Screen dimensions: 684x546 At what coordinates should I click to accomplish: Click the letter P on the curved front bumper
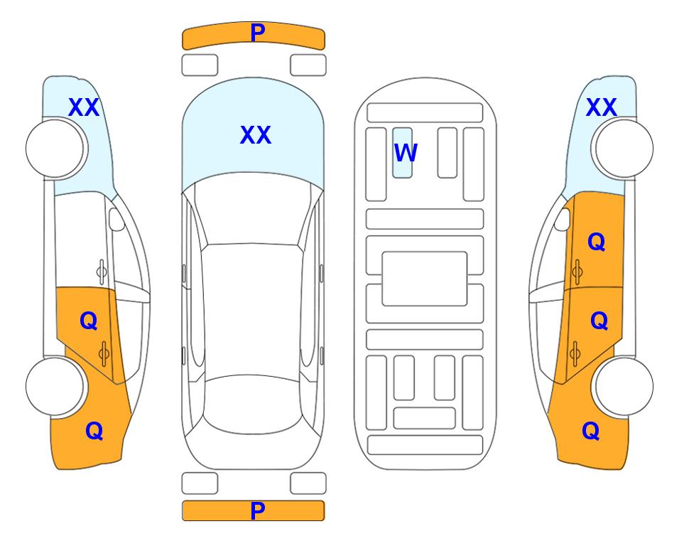258,33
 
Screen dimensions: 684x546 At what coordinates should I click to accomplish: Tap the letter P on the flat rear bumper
258,510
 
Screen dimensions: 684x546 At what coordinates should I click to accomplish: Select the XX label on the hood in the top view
256,135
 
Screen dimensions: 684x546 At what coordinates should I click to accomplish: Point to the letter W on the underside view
406,153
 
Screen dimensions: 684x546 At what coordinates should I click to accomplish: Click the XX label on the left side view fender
84,107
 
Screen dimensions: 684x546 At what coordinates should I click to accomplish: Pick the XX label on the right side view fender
601,107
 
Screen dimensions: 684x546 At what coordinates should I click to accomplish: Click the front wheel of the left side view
55,149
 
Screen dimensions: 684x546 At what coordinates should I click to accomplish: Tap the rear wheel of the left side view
55,387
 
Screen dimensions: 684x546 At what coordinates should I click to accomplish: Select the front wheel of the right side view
624,149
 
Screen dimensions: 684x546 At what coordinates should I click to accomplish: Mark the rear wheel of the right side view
624,387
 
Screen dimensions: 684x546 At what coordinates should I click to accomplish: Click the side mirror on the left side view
116,219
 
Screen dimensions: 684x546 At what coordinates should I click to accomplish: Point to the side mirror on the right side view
563,219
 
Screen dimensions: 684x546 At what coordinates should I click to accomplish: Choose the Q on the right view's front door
597,242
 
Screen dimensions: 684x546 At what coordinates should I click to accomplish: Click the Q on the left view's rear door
89,321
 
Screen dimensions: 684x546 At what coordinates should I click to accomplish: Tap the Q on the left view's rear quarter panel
94,431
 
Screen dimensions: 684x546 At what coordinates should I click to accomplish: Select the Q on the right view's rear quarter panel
591,431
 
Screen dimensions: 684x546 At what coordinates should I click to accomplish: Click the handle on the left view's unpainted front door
102,272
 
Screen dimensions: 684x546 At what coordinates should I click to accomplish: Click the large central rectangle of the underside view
425,279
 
